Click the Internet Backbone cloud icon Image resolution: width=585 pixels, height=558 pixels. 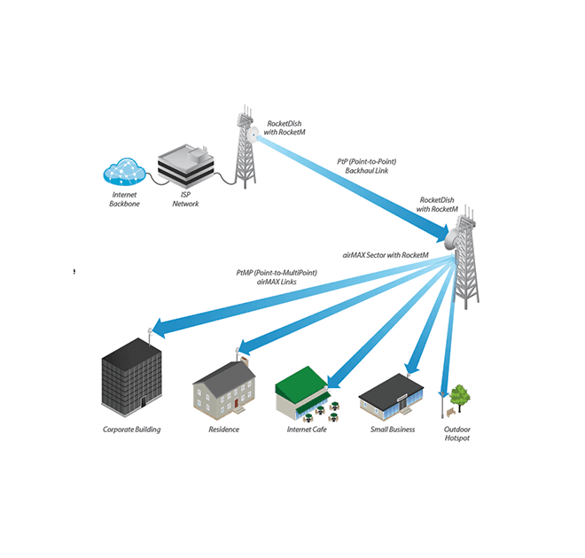coord(124,170)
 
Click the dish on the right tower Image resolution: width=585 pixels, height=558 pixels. coord(456,237)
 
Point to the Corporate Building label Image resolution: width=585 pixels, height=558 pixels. coord(131,430)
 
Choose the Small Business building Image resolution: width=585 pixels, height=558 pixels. coord(394,396)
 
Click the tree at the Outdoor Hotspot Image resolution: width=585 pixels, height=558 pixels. coord(458,394)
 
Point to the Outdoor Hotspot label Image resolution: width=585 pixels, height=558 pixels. coord(457,434)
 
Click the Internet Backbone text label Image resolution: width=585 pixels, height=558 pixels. coord(125,198)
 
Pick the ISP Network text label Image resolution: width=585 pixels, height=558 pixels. coord(185,198)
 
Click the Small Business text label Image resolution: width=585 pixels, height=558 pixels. coord(393,430)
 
